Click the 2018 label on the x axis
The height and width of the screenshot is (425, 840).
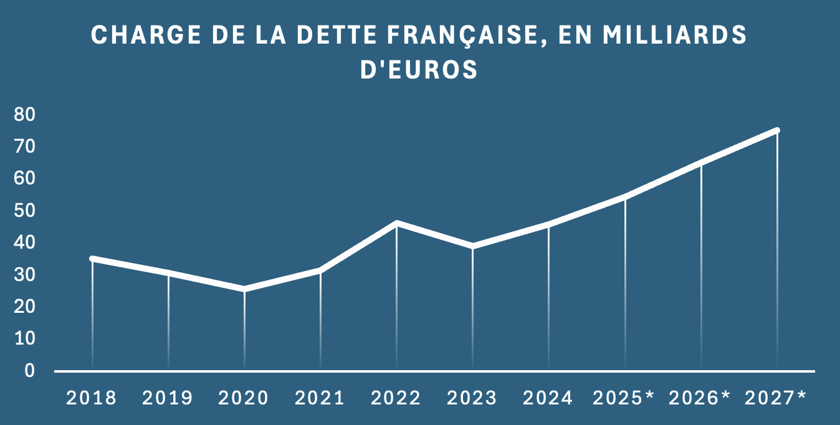click(x=92, y=398)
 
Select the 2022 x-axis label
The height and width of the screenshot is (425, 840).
click(x=396, y=398)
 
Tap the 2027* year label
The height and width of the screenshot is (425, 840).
click(x=776, y=398)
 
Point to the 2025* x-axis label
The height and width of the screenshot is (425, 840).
click(x=624, y=398)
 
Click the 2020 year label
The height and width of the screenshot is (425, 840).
click(x=244, y=398)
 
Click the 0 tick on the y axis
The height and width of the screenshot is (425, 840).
click(x=29, y=371)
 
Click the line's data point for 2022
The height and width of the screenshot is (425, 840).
click(x=396, y=223)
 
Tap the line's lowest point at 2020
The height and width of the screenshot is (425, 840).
click(x=244, y=289)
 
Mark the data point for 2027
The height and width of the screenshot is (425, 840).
click(x=777, y=130)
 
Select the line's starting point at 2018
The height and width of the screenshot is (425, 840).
click(x=92, y=259)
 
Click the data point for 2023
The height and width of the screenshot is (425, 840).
click(x=472, y=246)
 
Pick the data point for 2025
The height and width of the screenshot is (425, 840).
click(x=625, y=197)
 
